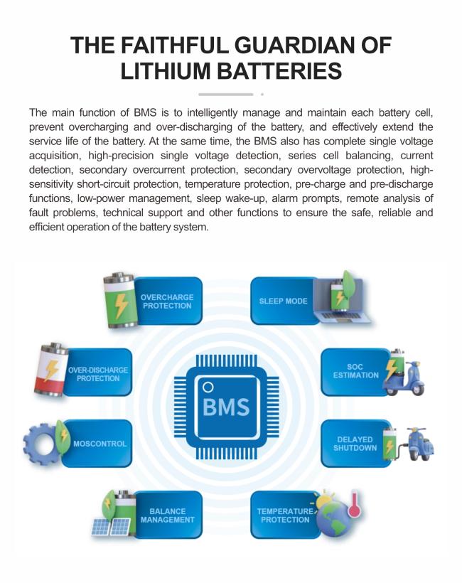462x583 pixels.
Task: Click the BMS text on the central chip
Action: coord(226,407)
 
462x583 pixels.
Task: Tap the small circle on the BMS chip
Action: coord(208,387)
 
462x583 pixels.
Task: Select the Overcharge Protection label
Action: coord(167,301)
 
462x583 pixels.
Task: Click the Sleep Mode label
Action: coord(283,301)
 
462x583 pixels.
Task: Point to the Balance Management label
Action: coord(167,515)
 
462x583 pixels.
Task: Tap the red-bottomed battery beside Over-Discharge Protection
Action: coord(51,370)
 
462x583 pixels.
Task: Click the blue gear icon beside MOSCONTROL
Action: coord(41,444)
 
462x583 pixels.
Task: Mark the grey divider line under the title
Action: coord(226,94)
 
